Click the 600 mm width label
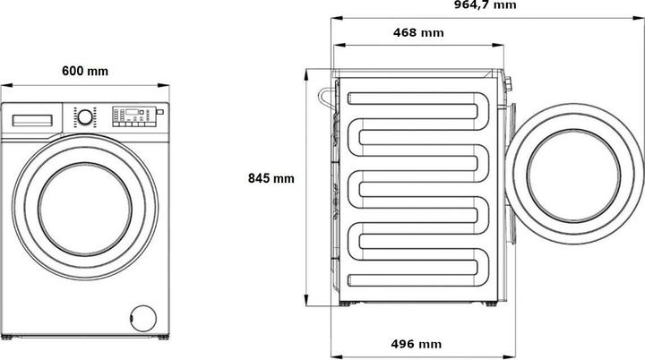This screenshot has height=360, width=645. (x=85, y=72)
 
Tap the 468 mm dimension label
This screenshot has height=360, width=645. (x=418, y=33)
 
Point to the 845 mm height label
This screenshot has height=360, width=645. (x=271, y=178)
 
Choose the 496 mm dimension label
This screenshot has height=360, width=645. (x=417, y=344)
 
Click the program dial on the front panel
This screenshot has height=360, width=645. (x=83, y=116)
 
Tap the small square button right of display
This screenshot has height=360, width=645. (x=159, y=114)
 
